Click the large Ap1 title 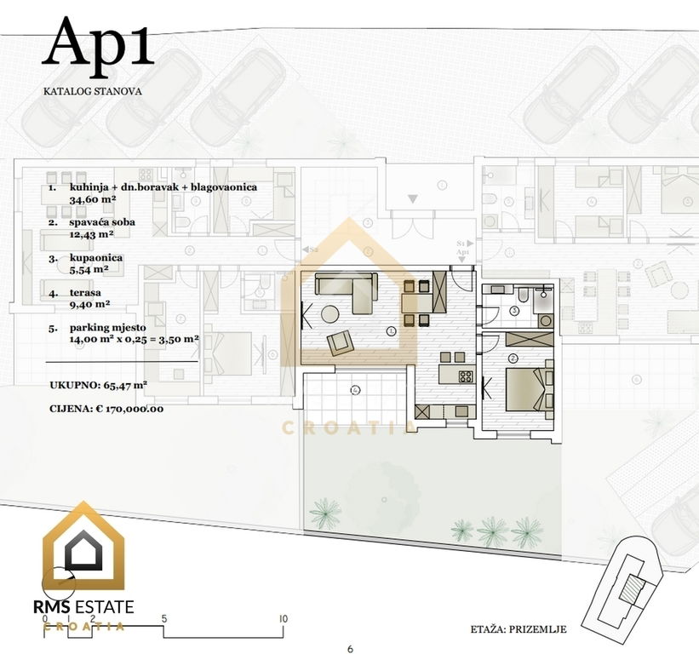[98, 43]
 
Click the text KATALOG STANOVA [92, 91]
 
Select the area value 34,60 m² [93, 199]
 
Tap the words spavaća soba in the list [102, 222]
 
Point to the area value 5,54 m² [89, 269]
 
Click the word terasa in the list [85, 293]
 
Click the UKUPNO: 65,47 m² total [99, 385]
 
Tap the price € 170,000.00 [129, 409]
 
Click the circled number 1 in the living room [392, 331]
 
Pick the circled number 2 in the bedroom [513, 358]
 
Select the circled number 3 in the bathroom [515, 311]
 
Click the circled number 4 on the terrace [355, 391]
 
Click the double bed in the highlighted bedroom [524, 389]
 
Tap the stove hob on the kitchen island [466, 376]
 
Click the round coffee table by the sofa [330, 313]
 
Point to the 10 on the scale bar [283, 619]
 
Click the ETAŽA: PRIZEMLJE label [519, 629]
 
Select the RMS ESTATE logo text [83, 607]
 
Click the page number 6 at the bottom [350, 649]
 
